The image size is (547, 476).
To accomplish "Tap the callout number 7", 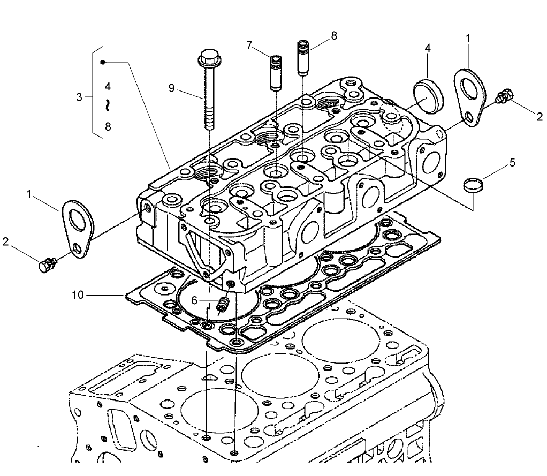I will [249, 44].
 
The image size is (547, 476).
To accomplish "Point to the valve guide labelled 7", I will [275, 72].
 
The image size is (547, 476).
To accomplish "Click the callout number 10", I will [78, 294].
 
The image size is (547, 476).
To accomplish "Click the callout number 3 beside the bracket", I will [79, 97].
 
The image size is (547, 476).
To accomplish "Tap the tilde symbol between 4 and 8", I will [108, 105].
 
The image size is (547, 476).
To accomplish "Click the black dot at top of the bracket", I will [103, 62].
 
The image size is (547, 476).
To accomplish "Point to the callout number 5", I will [513, 162].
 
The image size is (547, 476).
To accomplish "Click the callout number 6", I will [195, 300].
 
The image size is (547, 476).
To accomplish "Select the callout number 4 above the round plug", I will [428, 48].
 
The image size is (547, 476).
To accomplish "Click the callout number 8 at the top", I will [334, 35].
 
